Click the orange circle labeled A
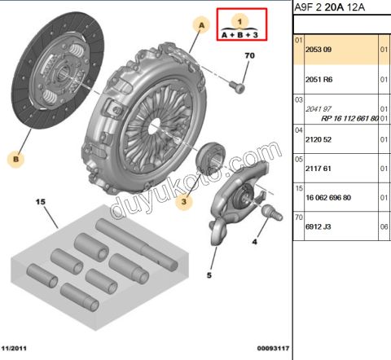pos(199,26)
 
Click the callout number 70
pos(250,56)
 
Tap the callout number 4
pos(253,242)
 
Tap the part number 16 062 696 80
pos(327,197)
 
